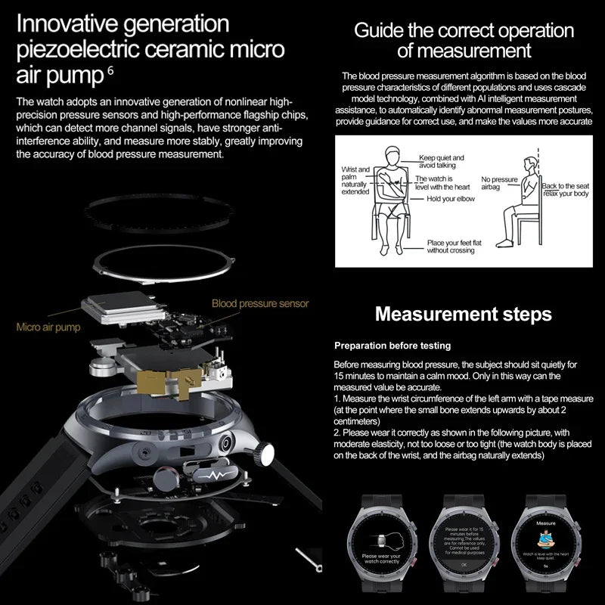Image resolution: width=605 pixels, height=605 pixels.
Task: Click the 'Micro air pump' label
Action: tap(48, 327)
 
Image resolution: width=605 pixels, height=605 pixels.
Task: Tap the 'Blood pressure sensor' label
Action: tap(260, 303)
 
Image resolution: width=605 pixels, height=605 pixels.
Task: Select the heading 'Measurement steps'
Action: tap(464, 313)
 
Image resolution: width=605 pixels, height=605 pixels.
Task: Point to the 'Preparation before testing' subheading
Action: tap(392, 346)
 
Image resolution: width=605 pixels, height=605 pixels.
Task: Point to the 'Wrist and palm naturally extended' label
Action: tap(355, 181)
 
